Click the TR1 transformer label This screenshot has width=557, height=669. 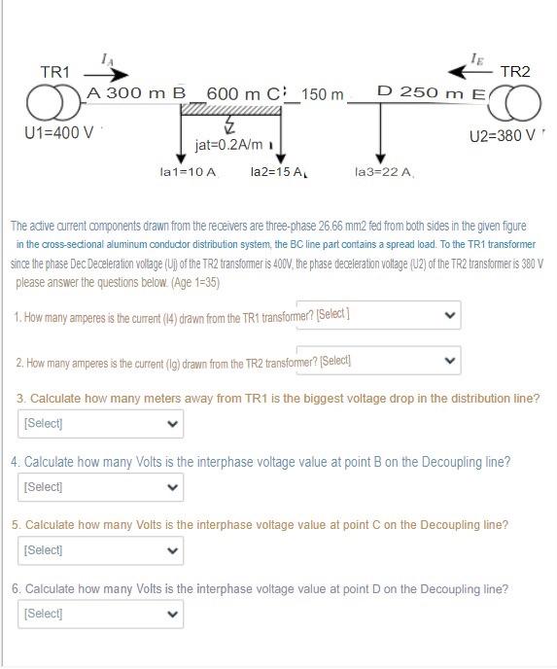54,72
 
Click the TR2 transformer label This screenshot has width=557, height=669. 514,72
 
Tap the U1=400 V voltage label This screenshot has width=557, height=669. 59,132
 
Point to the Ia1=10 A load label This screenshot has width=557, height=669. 188,172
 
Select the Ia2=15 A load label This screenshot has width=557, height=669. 278,172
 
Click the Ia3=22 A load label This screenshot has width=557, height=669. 384,172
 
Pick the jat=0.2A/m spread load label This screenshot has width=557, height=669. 228,145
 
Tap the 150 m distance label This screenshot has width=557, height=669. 323,94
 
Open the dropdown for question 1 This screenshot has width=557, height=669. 377,314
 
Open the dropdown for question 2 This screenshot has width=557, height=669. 377,361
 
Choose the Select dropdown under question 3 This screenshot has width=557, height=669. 100,423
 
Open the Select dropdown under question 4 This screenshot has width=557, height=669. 100,486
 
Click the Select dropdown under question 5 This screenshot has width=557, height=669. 100,549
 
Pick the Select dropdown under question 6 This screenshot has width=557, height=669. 100,614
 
